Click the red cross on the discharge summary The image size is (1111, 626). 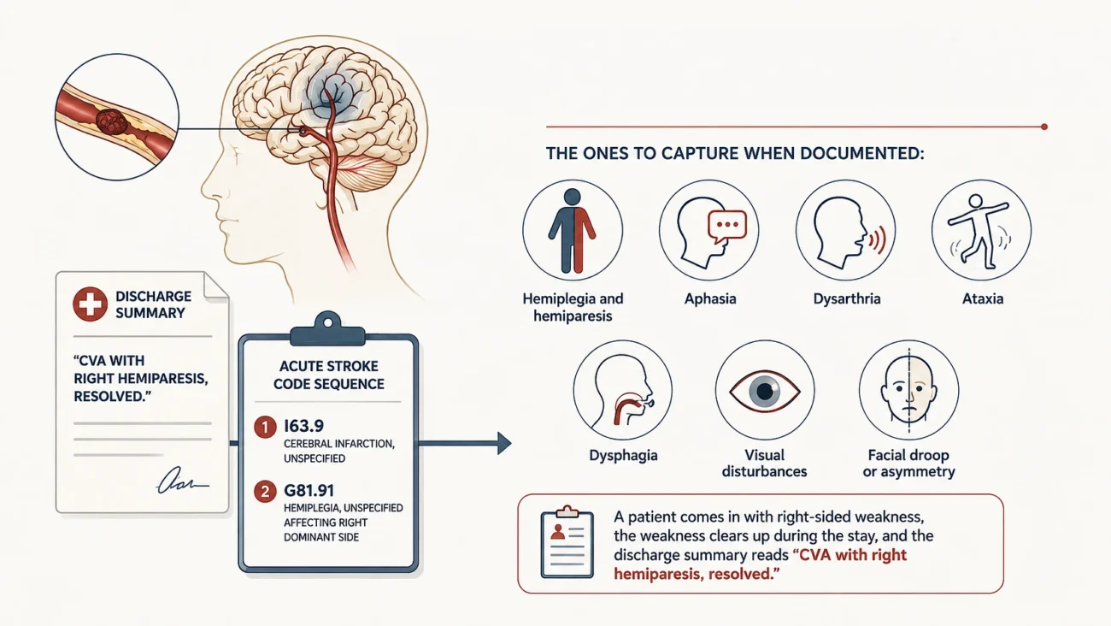click(x=91, y=304)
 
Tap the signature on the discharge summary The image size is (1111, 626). click(x=183, y=481)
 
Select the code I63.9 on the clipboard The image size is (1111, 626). click(x=303, y=426)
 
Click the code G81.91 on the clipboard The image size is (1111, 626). click(x=309, y=491)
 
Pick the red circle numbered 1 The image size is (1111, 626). click(x=265, y=427)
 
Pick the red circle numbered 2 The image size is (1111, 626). click(x=265, y=492)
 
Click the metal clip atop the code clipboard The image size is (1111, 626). click(x=328, y=329)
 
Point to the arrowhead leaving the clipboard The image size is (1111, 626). click(x=504, y=443)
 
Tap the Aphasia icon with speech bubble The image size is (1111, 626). click(x=709, y=230)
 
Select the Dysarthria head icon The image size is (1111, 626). click(x=846, y=230)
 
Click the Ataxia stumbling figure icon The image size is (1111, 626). click(x=981, y=230)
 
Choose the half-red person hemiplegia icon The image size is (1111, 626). click(x=573, y=230)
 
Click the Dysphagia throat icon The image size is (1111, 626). click(x=623, y=390)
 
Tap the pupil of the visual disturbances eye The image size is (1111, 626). click(x=764, y=391)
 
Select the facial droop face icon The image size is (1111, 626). click(x=908, y=390)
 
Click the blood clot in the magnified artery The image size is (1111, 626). click(x=112, y=121)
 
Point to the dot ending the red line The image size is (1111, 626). click(x=1044, y=127)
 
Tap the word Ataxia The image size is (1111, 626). click(x=983, y=298)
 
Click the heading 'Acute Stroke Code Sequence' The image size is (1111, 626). click(x=329, y=375)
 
